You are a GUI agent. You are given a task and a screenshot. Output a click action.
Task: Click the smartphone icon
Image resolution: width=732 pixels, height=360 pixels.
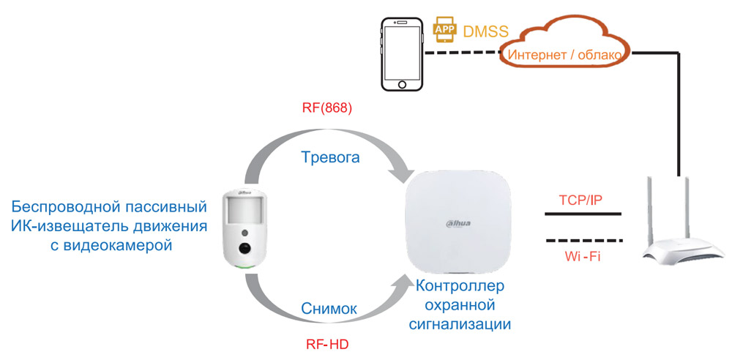click(402, 55)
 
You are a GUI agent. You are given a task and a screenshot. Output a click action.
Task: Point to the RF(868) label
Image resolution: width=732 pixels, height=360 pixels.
click(327, 109)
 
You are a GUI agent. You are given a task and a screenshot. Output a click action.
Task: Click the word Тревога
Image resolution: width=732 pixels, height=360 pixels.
click(329, 157)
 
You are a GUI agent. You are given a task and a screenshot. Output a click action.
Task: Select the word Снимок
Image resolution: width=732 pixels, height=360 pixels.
click(329, 309)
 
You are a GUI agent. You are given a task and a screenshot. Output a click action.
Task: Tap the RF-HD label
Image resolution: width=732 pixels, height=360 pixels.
click(328, 343)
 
